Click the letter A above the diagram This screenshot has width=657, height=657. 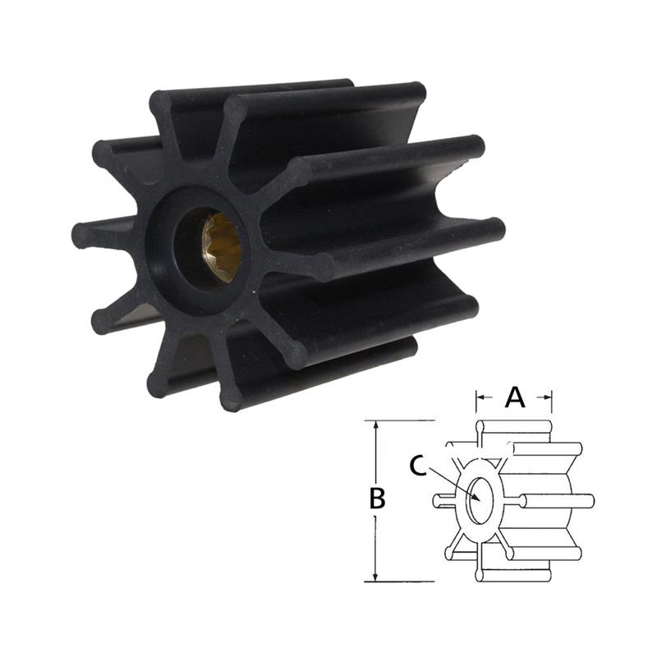pos(514,397)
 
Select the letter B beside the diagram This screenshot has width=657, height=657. pos(377,498)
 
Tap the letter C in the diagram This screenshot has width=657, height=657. pos(417,466)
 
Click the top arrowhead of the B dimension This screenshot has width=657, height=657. pos(376,426)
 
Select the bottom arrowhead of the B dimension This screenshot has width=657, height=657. pos(376,577)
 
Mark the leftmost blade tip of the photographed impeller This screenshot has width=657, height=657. pos(80,235)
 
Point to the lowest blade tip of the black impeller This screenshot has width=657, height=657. pos(232,402)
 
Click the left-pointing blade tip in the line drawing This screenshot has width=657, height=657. pos(437,499)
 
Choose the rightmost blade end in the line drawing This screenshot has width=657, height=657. pos(589,498)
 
